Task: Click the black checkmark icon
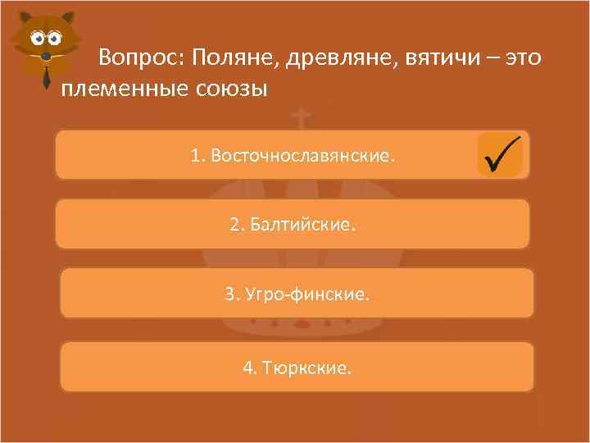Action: tap(501, 153)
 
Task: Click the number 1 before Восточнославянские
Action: tap(196, 154)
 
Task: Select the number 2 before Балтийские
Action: tap(235, 224)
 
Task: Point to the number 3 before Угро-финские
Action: tap(230, 293)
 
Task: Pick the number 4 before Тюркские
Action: tap(248, 368)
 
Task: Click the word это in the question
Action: tap(522, 59)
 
